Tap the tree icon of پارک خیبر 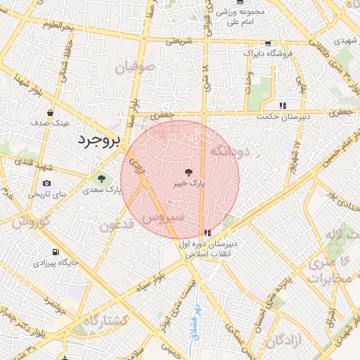click(188, 172)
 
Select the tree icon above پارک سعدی click(101, 179)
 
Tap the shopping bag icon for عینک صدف click(50, 112)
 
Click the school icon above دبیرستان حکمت click(282, 105)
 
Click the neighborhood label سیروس click(163, 218)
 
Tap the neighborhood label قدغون click(116, 225)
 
